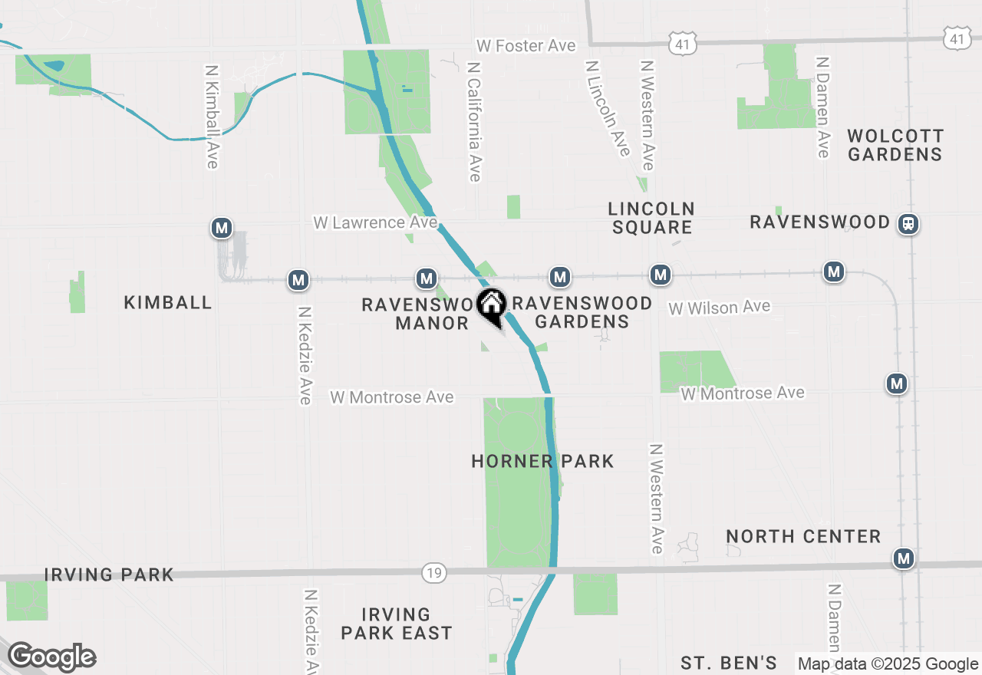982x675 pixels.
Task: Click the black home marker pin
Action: (491, 306)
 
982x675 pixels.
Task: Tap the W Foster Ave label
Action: (526, 46)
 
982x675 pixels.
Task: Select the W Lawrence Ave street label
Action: (375, 222)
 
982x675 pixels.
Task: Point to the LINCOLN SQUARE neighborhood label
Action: (651, 218)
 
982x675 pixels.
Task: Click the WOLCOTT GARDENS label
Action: (895, 145)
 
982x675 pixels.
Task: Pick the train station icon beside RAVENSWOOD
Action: (908, 224)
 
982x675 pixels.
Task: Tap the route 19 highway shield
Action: (434, 572)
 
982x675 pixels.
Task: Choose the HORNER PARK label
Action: (542, 461)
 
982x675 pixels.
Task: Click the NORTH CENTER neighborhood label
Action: (803, 536)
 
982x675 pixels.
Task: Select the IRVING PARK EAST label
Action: (397, 624)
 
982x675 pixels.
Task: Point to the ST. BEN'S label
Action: (729, 663)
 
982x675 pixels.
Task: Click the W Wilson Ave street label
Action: (719, 308)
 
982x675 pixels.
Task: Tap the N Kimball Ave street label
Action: (212, 115)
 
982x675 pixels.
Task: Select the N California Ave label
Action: (474, 122)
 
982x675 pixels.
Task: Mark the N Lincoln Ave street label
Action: (608, 108)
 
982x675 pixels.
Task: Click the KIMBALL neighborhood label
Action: (168, 302)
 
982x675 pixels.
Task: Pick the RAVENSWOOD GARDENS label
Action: (582, 312)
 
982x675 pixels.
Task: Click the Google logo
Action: (51, 657)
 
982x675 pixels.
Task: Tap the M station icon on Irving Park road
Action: (905, 558)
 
